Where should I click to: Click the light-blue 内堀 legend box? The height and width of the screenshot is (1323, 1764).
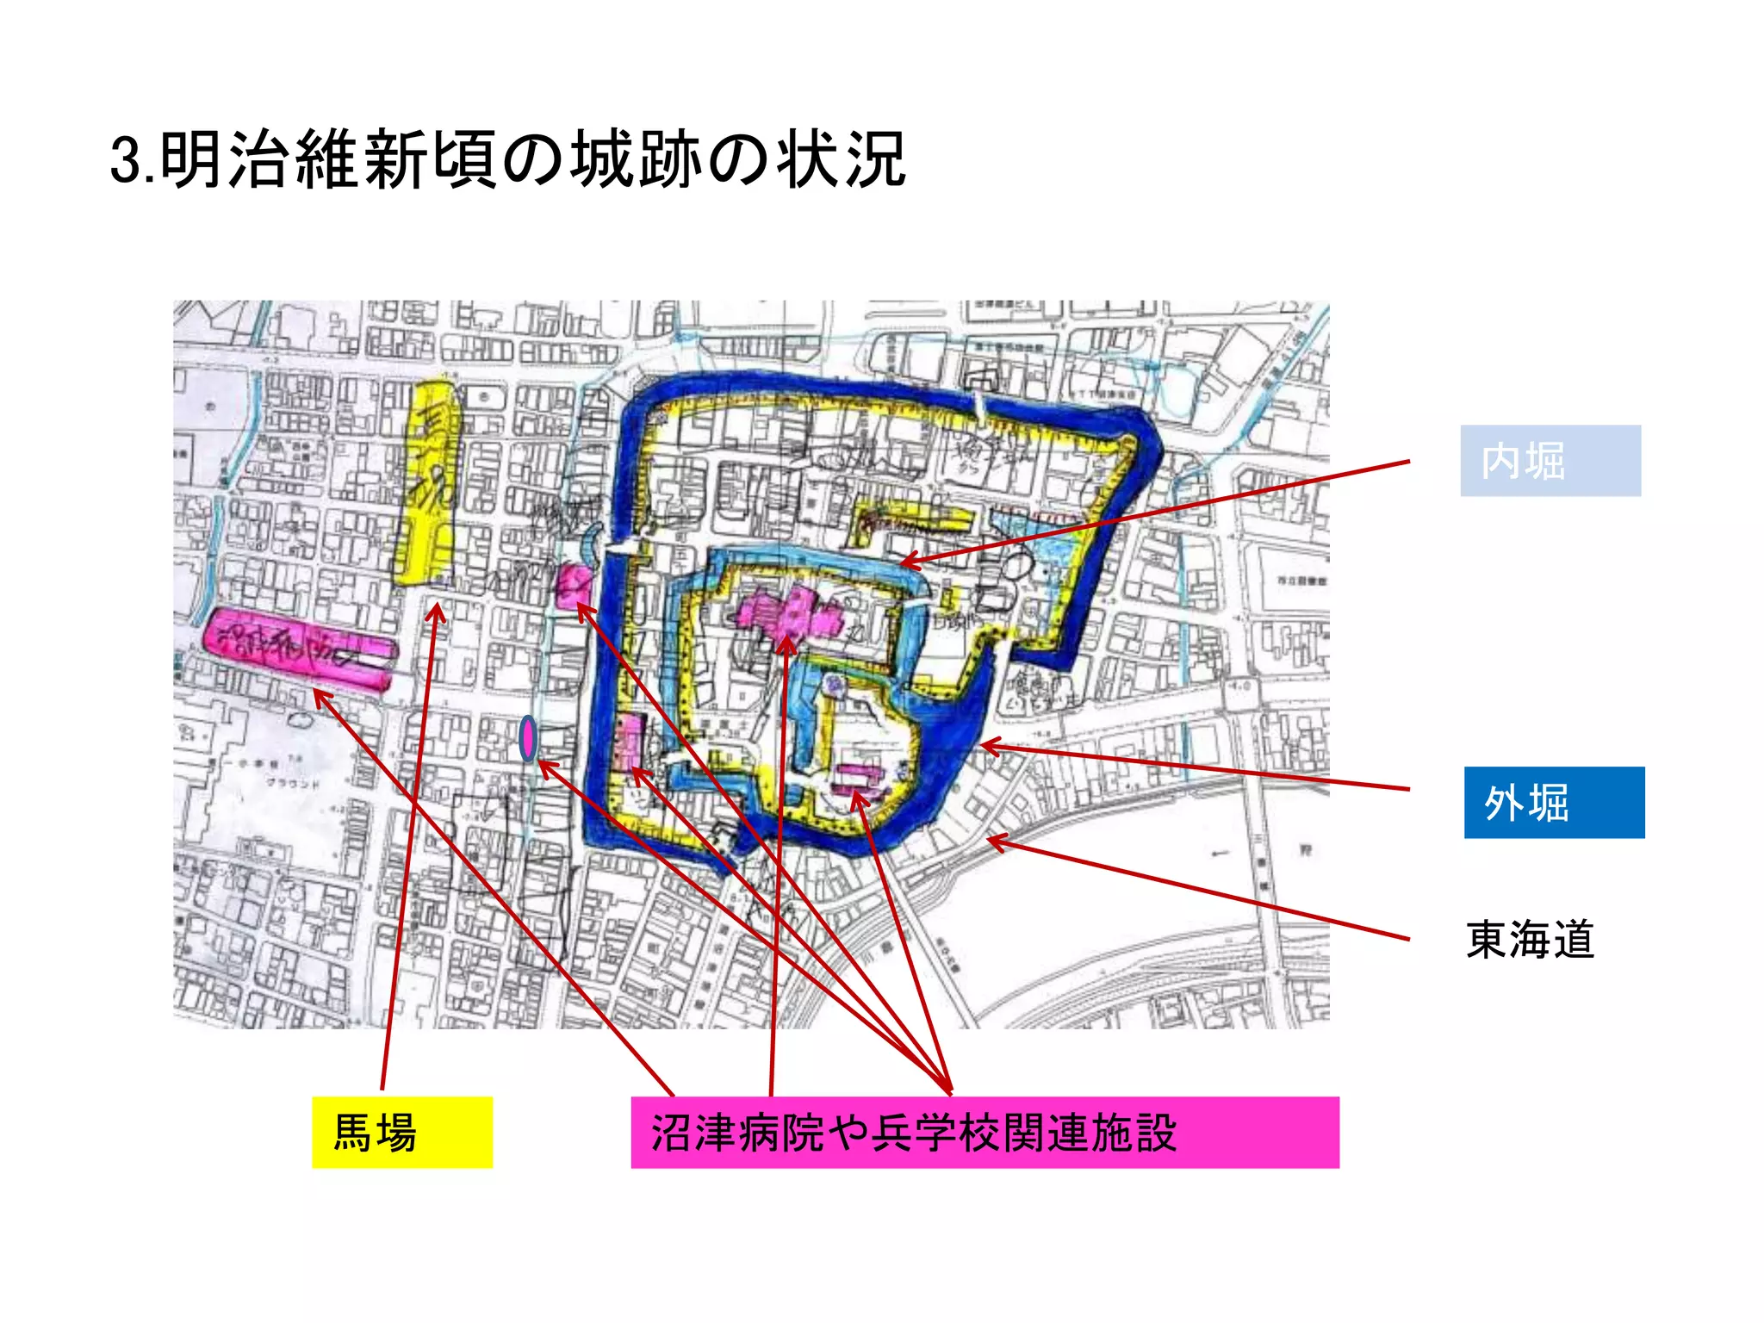coord(1550,460)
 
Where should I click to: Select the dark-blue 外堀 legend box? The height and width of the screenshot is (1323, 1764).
coord(1554,802)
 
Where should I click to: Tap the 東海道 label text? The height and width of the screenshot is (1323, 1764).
coord(1530,939)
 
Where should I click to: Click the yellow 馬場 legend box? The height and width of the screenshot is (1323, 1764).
coord(401,1132)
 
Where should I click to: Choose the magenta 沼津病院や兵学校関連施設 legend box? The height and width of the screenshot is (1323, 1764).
coord(984,1132)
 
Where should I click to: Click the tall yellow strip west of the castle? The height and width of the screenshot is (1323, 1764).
coord(425,482)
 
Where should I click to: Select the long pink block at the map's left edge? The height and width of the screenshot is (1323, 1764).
coord(297,648)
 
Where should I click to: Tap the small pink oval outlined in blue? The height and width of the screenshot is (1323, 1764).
coord(528,738)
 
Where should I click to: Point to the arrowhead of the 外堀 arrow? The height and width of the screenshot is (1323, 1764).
coord(984,746)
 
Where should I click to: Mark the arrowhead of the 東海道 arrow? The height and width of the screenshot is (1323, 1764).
coord(989,837)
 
